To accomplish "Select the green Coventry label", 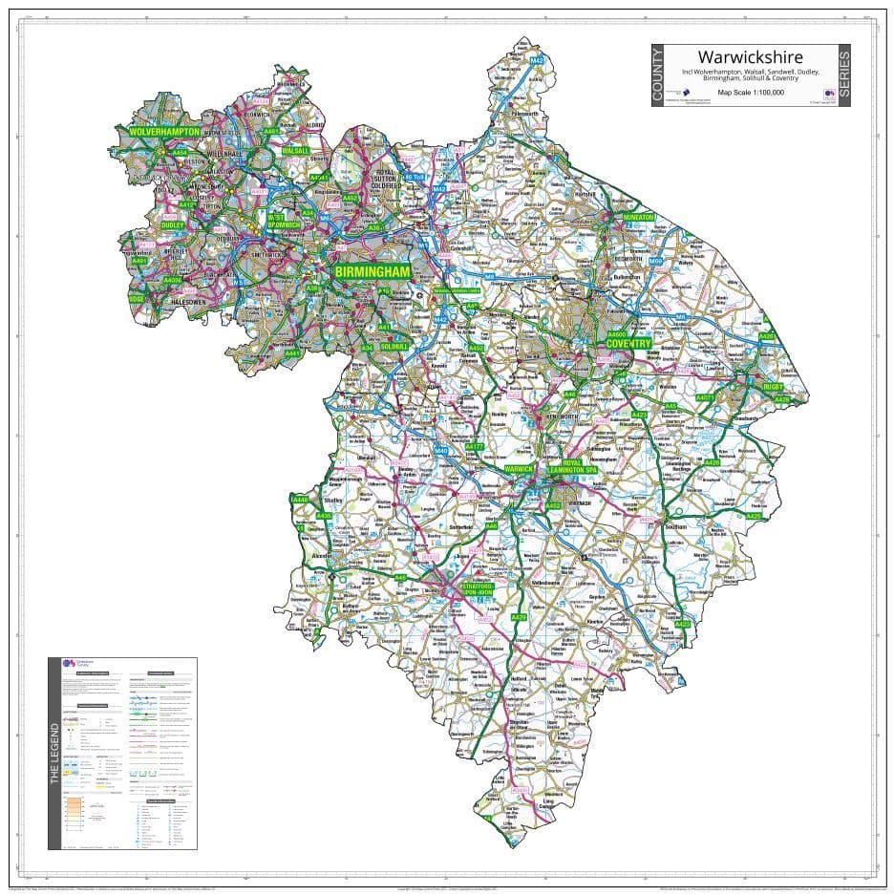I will [628, 343].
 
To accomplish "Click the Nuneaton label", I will [639, 217].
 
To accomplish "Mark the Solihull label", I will [392, 346].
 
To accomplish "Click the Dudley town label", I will [173, 225].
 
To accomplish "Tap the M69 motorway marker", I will [655, 260].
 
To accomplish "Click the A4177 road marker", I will [475, 447].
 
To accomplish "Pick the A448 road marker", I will [300, 499].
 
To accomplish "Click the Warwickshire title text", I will [750, 57].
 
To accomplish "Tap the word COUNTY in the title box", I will [657, 75].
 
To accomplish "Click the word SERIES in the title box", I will [843, 75].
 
